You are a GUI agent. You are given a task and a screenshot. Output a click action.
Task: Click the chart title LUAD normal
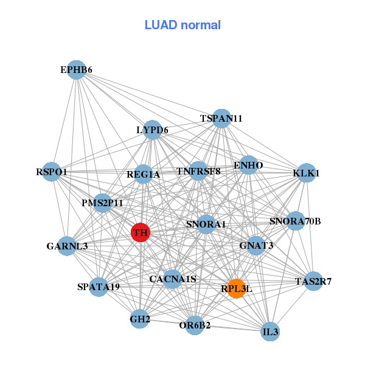pyautogui.click(x=182, y=25)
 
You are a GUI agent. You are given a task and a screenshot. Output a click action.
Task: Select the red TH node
pyautogui.click(x=141, y=232)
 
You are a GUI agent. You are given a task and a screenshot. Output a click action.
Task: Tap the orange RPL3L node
pyautogui.click(x=236, y=289)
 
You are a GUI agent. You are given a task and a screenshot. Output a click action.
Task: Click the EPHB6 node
pyautogui.click(x=76, y=70)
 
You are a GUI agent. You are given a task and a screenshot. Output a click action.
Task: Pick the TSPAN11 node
pyautogui.click(x=221, y=118)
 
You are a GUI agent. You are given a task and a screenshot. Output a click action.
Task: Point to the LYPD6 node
pyautogui.click(x=152, y=130)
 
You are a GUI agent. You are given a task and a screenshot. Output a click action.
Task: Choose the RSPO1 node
pyautogui.click(x=52, y=172)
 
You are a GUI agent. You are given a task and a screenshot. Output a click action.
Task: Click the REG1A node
pyautogui.click(x=143, y=175)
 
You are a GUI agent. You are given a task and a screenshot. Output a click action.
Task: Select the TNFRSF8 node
pyautogui.click(x=198, y=171)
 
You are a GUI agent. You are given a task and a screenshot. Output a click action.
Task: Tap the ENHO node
pyautogui.click(x=248, y=165)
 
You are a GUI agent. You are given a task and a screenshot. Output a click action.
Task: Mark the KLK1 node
pyautogui.click(x=306, y=173)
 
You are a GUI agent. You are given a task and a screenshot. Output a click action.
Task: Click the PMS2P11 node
pyautogui.click(x=102, y=203)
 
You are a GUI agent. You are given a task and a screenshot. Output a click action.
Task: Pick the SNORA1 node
pyautogui.click(x=206, y=224)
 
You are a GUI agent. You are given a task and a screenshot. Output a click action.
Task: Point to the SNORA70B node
pyautogui.click(x=295, y=221)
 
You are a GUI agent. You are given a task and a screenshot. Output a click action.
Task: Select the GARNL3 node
pyautogui.click(x=67, y=246)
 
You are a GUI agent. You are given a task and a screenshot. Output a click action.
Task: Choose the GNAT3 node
pyautogui.click(x=256, y=246)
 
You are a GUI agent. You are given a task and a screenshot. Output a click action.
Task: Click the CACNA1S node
pyautogui.click(x=173, y=279)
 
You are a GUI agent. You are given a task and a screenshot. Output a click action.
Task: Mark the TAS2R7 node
pyautogui.click(x=313, y=281)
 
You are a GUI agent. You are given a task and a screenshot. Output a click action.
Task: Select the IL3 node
pyautogui.click(x=270, y=332)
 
